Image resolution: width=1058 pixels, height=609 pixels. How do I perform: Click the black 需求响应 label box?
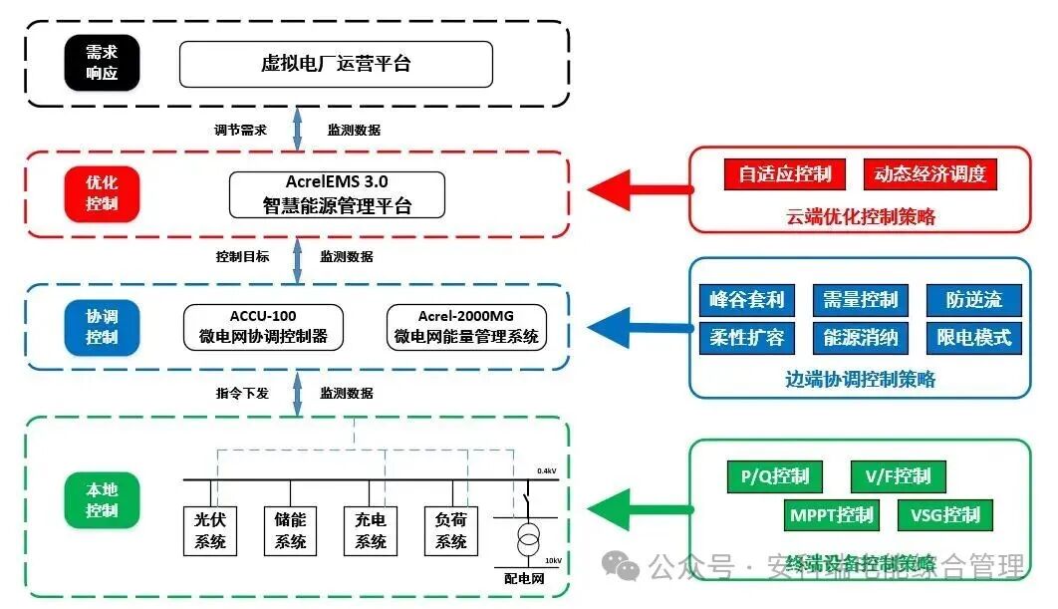102,64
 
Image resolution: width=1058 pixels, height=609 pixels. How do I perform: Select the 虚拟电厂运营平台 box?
336,64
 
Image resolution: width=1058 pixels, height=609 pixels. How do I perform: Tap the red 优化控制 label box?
102,193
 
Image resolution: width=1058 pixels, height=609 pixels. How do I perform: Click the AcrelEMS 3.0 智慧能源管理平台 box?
337,194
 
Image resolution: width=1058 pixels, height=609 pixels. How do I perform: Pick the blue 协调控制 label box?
102,327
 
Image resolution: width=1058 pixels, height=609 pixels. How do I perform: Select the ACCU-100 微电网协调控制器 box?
263,327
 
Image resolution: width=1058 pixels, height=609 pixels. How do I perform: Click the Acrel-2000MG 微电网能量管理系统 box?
466,327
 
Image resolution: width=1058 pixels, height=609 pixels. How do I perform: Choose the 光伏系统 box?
211,531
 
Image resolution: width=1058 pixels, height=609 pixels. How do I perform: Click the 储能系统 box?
291,531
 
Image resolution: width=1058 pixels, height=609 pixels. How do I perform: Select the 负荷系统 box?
451,531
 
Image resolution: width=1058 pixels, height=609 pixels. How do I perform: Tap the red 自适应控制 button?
784,173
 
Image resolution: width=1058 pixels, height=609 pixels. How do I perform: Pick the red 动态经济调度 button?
929,173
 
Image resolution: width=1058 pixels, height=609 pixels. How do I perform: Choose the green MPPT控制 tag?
831,514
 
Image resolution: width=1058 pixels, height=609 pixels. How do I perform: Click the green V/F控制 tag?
898,476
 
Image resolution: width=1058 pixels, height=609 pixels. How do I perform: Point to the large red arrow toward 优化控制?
638,187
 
